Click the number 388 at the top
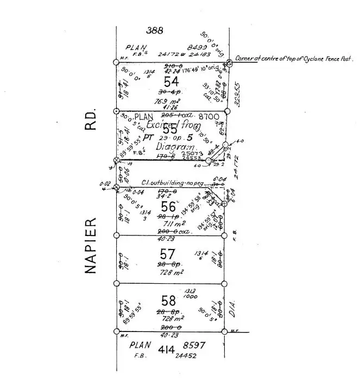click(x=155, y=31)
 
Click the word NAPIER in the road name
click(x=91, y=246)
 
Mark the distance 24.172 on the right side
click(x=237, y=164)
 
